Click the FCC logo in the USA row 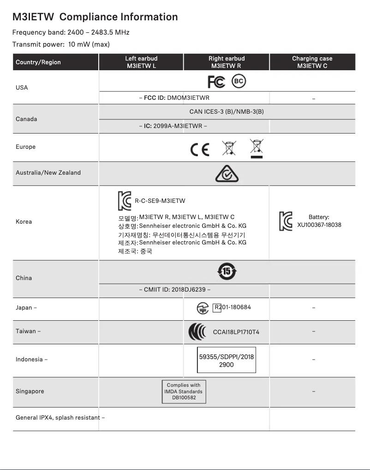click(x=216, y=82)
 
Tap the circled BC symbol click(x=239, y=81)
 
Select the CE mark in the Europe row click(x=200, y=150)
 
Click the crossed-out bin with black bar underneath click(x=257, y=148)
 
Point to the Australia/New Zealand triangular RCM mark click(x=227, y=174)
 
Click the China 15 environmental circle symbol click(x=227, y=271)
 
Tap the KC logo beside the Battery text click(x=286, y=221)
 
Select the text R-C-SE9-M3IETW click(x=160, y=201)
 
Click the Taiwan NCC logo click(x=198, y=332)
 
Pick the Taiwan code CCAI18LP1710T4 click(x=236, y=332)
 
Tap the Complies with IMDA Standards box click(x=184, y=391)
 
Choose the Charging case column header click(x=312, y=62)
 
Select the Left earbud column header click(x=141, y=62)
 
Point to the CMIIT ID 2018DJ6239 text click(x=175, y=290)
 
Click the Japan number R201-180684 click(x=233, y=307)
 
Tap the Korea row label click(x=24, y=222)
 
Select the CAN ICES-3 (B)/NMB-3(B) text click(x=227, y=112)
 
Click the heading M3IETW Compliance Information click(x=95, y=17)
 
